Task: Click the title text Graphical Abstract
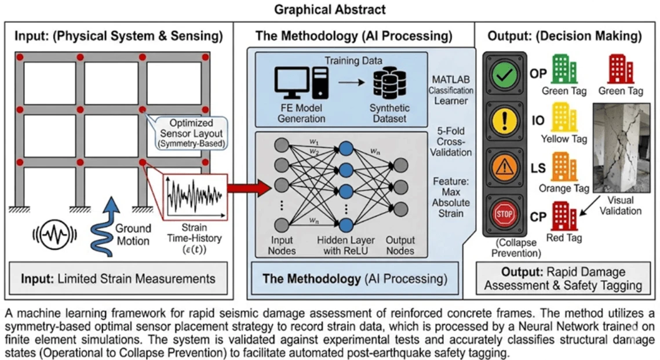click(x=330, y=9)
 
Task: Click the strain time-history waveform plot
click(x=192, y=195)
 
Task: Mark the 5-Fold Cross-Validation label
click(x=451, y=141)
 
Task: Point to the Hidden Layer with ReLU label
click(x=345, y=245)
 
